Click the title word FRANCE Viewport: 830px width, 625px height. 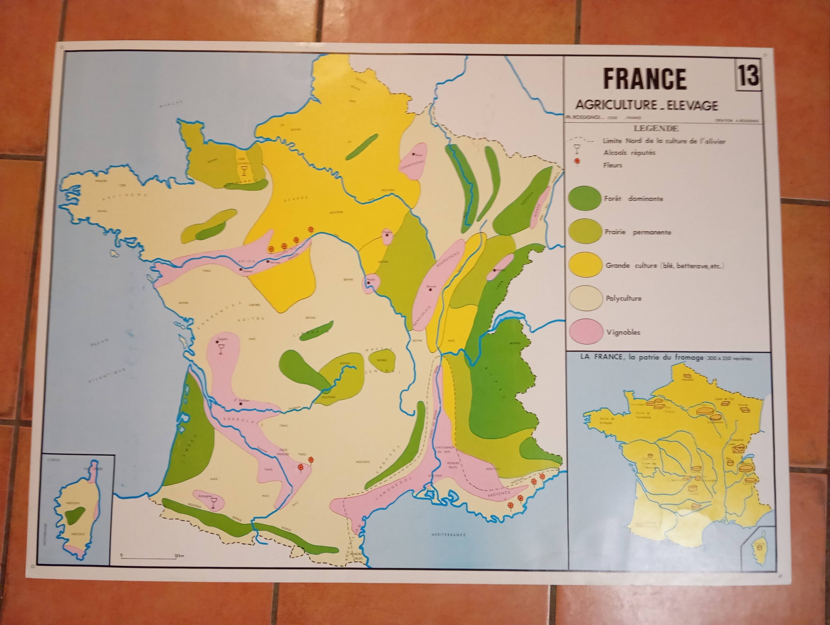point(645,79)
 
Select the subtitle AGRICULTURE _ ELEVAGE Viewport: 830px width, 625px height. point(647,105)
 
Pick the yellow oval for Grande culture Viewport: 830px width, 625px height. point(584,265)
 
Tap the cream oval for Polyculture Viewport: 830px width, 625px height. point(584,298)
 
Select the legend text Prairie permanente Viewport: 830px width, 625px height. point(637,232)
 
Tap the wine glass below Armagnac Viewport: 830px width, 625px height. point(214,503)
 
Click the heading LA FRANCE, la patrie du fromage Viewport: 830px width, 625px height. point(642,358)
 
